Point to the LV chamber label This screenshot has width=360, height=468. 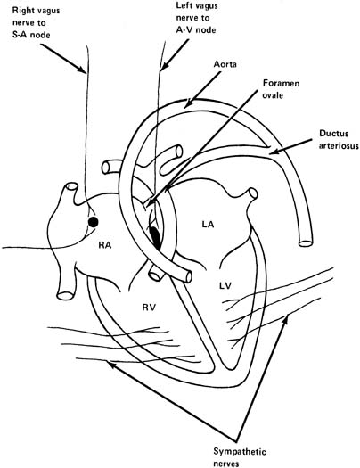(x=226, y=286)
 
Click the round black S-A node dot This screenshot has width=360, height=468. (x=94, y=219)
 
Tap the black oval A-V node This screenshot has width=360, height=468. (x=156, y=236)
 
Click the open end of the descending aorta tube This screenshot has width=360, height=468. (x=305, y=241)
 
